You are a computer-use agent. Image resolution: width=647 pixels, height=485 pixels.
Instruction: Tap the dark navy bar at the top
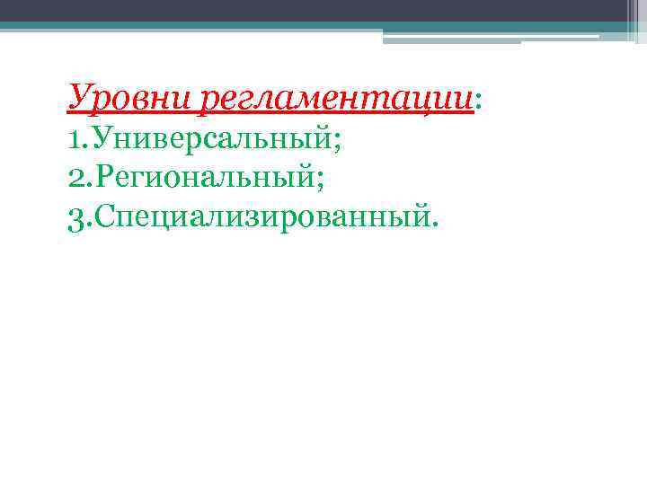tap(323, 10)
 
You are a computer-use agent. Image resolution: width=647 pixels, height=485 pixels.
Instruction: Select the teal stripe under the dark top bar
tap(323, 26)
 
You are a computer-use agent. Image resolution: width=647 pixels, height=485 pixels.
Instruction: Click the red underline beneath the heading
tap(270, 114)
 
